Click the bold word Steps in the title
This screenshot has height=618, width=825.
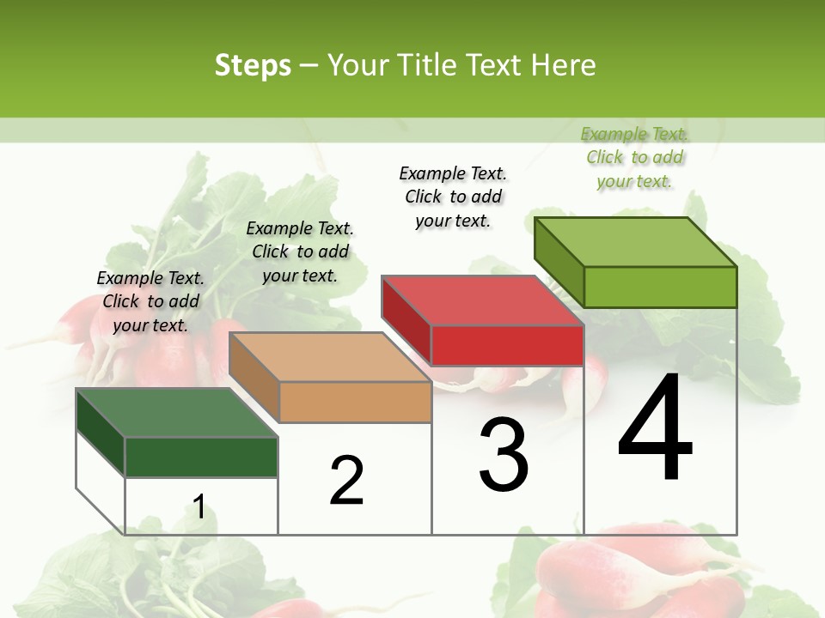click(x=253, y=66)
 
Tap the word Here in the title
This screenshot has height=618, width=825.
click(x=564, y=66)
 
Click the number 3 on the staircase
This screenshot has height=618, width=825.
click(x=504, y=455)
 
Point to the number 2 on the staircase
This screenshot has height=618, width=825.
click(x=347, y=481)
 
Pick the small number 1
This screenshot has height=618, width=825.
click(x=199, y=507)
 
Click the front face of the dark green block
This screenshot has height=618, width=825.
click(x=201, y=457)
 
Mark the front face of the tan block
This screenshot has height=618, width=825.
click(x=355, y=402)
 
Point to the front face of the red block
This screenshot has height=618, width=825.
click(x=507, y=345)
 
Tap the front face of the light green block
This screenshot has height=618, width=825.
click(x=660, y=287)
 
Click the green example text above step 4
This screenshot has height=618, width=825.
click(x=634, y=157)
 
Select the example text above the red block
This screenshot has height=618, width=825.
click(x=453, y=197)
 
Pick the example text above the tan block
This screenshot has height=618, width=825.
click(x=300, y=251)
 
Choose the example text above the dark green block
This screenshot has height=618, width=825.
click(x=150, y=301)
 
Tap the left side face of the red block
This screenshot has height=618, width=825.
click(x=406, y=321)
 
